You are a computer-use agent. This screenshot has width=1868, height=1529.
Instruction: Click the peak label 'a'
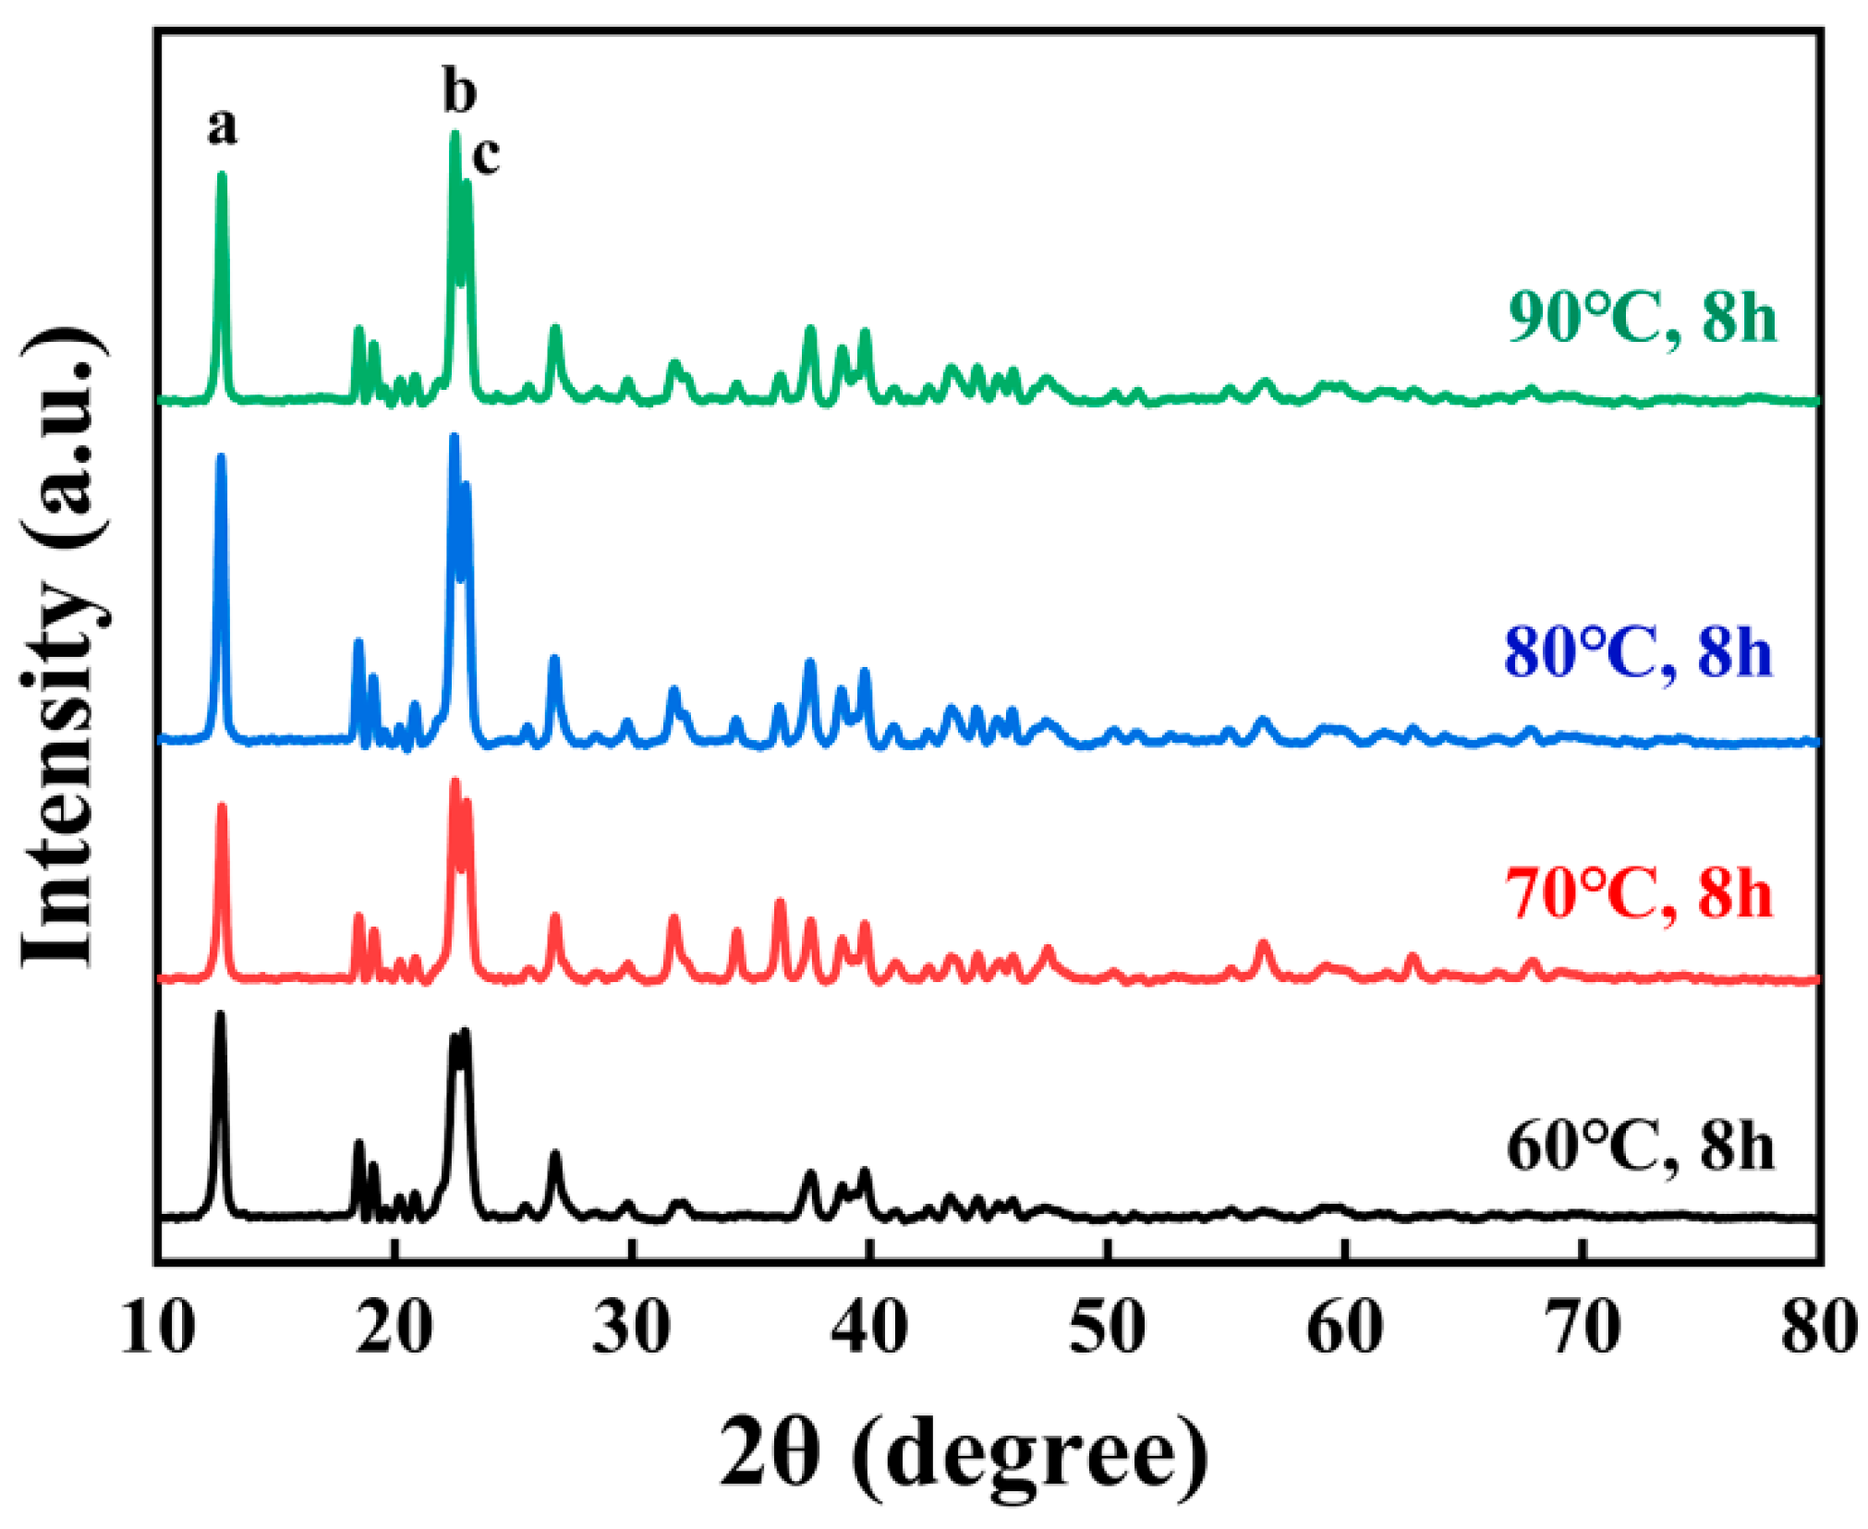[x=222, y=127]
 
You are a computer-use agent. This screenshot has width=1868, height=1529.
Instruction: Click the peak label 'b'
[x=459, y=91]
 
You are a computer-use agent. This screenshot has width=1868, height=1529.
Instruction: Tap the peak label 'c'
[x=486, y=154]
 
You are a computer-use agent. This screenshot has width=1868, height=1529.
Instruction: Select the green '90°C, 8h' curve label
[x=1642, y=318]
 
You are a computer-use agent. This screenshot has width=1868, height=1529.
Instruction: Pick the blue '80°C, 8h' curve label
[x=1639, y=652]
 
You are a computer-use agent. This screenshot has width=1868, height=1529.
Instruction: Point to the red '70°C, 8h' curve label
[x=1639, y=893]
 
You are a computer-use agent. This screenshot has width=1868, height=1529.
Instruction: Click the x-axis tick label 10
[x=158, y=1329]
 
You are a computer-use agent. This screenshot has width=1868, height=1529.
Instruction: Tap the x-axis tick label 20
[x=394, y=1329]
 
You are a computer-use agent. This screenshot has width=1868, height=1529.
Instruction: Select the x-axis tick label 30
[x=631, y=1329]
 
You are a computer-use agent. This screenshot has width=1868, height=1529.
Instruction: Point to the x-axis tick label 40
[x=868, y=1329]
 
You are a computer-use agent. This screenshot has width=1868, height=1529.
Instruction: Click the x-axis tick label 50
[x=1107, y=1329]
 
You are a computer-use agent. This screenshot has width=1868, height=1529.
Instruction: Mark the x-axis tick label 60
[x=1345, y=1329]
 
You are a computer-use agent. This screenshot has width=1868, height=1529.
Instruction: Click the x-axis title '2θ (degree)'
[x=964, y=1453]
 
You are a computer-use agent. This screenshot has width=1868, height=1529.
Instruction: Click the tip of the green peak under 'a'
[x=222, y=174]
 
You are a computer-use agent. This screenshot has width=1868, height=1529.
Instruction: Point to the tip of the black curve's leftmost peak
[x=220, y=1013]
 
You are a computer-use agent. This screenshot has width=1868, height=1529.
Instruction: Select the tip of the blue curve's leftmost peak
[x=221, y=455]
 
